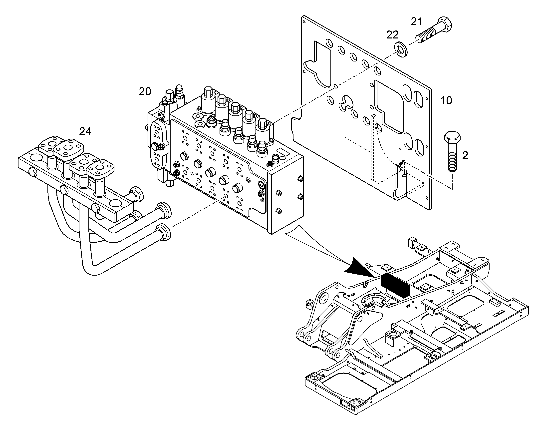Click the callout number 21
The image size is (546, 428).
[417, 22]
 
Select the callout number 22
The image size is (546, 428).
[392, 35]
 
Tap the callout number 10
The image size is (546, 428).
[446, 100]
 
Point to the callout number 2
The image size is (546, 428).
[465, 156]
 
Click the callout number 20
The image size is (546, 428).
[145, 91]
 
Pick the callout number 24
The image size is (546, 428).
[85, 131]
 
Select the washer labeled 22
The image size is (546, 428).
[400, 50]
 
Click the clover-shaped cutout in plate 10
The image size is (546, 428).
[348, 106]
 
